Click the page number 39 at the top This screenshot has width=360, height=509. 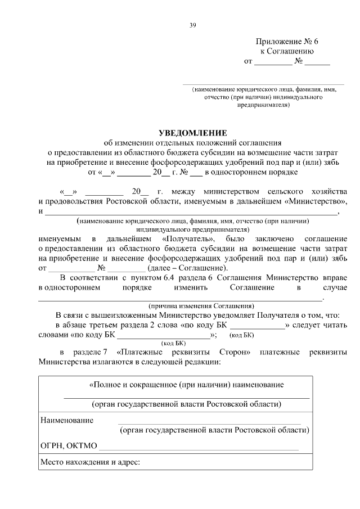click(192, 25)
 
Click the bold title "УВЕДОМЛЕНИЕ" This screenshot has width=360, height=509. click(192, 133)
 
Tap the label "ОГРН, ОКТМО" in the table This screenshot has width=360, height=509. click(69, 447)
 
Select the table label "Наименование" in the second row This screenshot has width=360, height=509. click(66, 420)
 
